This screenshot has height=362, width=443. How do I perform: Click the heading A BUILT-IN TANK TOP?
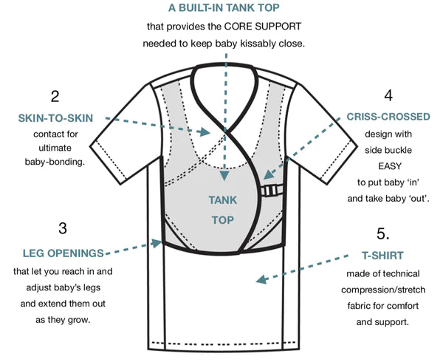221,9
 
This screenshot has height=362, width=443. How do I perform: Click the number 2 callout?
55,96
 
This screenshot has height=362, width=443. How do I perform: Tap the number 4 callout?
388,96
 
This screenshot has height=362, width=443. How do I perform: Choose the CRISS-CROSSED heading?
385,118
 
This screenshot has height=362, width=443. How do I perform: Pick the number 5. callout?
382,234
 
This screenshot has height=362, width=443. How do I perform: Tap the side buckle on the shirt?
271,191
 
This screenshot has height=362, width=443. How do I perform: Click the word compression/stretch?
385,293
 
